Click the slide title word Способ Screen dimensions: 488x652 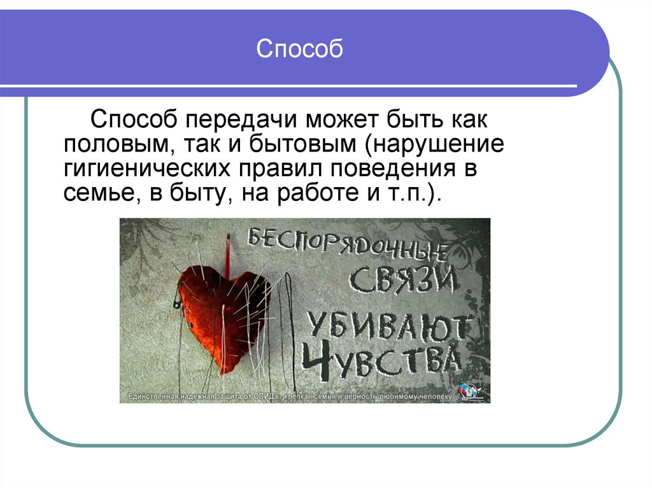pos(299,49)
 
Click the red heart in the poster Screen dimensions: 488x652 pos(223,312)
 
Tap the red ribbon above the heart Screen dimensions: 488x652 pos(227,251)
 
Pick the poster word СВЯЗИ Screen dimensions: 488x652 pos(403,280)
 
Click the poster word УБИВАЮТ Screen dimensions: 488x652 pos(390,326)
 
